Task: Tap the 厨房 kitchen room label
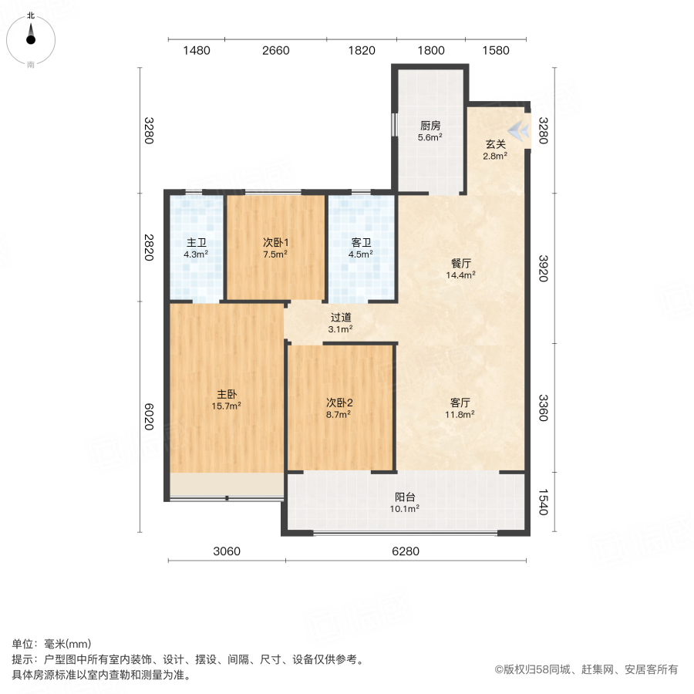[x=430, y=126]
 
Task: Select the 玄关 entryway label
[x=495, y=143]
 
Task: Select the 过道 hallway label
[x=341, y=317]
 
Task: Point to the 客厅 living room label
[x=461, y=403]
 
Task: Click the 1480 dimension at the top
[x=197, y=51]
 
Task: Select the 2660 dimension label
[x=275, y=51]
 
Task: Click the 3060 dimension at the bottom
[x=227, y=551]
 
